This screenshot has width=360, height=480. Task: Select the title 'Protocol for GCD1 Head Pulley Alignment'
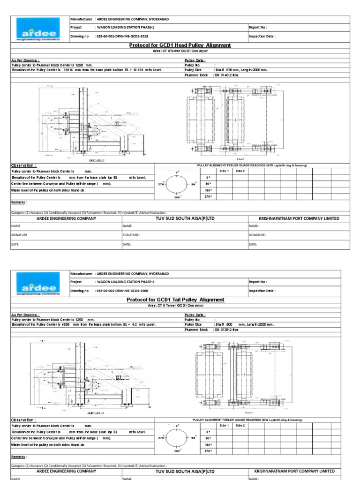[180, 45]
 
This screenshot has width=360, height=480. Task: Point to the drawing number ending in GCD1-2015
[121, 36]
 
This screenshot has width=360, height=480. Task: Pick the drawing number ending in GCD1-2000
[121, 291]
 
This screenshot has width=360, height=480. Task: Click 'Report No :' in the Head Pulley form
[258, 28]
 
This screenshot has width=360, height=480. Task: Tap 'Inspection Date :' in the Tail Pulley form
[262, 291]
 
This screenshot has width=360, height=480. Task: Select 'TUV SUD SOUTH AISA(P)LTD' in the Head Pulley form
[185, 218]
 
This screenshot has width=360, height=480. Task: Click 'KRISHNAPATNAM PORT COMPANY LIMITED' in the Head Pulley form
[299, 218]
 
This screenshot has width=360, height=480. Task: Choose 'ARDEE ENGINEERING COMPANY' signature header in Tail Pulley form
[66, 471]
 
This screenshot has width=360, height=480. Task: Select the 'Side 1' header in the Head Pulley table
[225, 171]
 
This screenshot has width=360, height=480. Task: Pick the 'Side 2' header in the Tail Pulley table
[240, 426]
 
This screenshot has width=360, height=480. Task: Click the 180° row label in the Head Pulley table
[208, 191]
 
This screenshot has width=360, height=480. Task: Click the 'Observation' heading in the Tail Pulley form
[24, 420]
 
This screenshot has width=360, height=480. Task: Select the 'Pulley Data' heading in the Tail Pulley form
[195, 315]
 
